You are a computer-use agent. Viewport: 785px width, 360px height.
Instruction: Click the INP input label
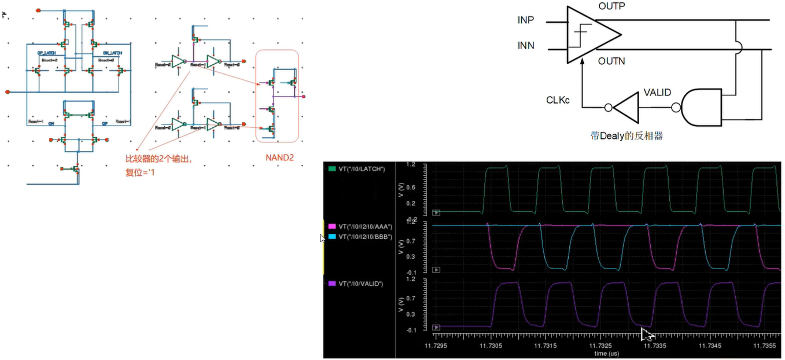tap(526, 20)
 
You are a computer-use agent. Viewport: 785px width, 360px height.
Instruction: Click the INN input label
tap(526, 46)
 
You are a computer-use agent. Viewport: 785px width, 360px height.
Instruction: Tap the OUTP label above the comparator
tap(611, 6)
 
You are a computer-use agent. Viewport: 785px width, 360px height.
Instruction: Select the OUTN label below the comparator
tap(611, 61)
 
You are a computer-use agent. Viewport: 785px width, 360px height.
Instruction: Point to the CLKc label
tap(558, 100)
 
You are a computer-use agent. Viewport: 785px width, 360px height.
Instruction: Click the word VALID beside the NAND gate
tap(657, 93)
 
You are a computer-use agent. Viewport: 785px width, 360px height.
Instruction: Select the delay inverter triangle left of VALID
tap(625, 107)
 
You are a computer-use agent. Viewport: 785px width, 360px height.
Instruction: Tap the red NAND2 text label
tap(280, 157)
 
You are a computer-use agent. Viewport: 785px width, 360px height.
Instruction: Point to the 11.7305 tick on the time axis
tap(491, 346)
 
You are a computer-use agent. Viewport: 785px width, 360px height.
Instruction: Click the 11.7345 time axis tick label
tap(710, 346)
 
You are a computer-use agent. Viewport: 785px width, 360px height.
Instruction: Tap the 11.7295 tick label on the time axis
tap(437, 346)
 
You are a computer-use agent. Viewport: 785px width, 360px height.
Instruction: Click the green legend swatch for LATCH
tap(332, 168)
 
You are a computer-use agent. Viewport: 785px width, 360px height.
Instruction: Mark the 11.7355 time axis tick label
tap(765, 346)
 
